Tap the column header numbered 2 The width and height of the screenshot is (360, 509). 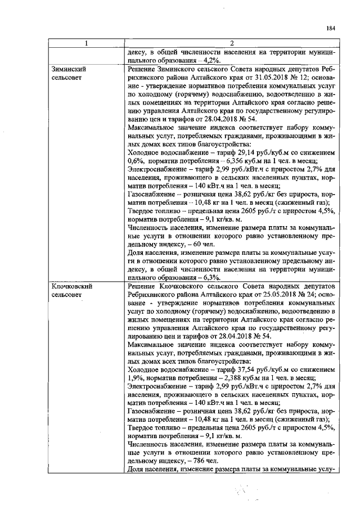coord(231,43)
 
